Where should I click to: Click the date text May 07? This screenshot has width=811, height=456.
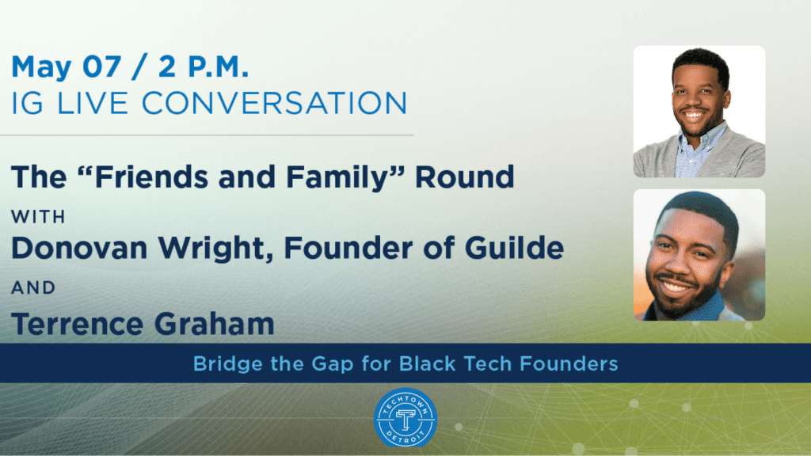(67, 67)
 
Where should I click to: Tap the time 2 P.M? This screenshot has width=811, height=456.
(204, 66)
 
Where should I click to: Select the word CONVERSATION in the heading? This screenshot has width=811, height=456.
(275, 103)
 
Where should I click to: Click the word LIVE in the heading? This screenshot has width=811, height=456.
(92, 103)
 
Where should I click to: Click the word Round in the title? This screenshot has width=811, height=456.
(465, 177)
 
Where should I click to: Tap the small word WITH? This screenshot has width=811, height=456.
(38, 217)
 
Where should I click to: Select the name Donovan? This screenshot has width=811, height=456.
(80, 248)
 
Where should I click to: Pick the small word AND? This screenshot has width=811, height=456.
(33, 287)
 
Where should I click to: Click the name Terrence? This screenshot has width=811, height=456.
(77, 324)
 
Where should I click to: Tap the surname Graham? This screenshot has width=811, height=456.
(214, 324)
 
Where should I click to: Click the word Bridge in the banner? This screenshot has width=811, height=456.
(227, 364)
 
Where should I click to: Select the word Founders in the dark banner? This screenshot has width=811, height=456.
(569, 363)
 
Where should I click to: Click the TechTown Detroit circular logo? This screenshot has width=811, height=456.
(405, 418)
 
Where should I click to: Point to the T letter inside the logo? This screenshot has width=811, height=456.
(405, 419)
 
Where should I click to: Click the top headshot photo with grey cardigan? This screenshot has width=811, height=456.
(699, 112)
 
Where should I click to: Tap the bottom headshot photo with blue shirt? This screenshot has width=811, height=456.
(699, 255)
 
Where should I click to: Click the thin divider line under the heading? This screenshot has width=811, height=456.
(207, 135)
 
